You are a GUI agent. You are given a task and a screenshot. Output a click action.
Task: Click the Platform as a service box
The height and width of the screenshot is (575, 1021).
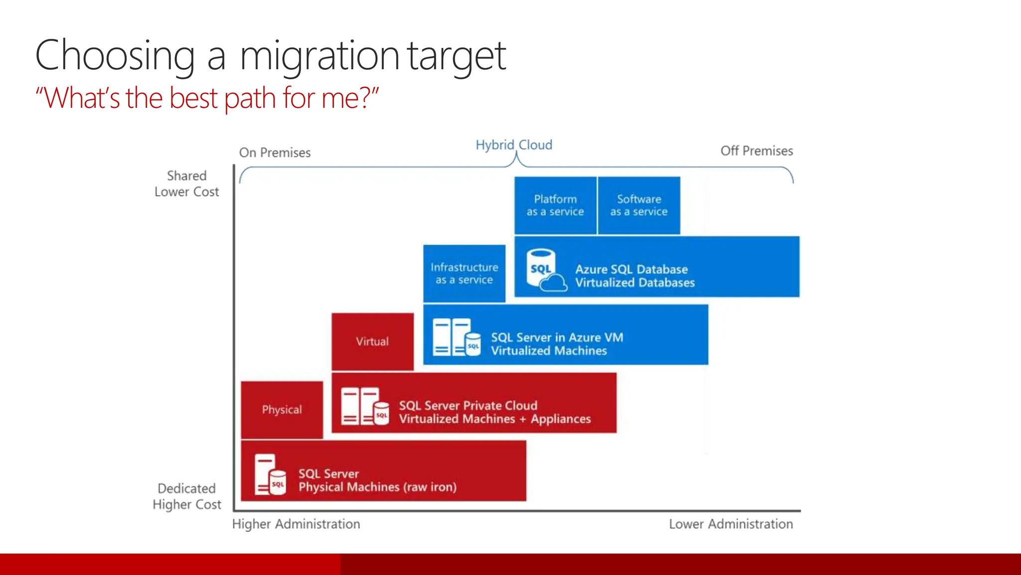tap(555, 205)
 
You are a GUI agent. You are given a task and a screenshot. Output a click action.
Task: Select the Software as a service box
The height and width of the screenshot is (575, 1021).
tap(639, 205)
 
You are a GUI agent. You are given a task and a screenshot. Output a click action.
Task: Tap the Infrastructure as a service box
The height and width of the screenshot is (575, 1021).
tap(464, 274)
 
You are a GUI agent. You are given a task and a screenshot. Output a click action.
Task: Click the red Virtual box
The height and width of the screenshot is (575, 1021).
tap(372, 341)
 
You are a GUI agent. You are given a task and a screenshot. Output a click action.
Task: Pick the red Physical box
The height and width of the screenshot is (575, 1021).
tap(282, 410)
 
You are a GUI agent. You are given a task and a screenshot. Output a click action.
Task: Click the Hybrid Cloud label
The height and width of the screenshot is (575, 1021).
tap(513, 145)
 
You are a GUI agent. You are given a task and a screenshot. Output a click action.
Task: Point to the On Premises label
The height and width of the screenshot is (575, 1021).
tap(275, 152)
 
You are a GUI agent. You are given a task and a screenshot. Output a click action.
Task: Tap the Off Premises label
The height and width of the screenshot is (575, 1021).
tap(756, 151)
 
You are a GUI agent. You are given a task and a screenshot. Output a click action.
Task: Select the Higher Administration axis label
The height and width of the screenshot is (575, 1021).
tap(296, 524)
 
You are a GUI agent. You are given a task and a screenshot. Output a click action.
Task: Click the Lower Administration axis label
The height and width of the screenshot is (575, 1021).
tap(731, 524)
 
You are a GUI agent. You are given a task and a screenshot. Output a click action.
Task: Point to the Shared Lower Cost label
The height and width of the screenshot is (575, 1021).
tap(186, 184)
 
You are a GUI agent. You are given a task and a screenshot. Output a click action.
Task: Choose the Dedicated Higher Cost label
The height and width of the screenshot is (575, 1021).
tap(186, 496)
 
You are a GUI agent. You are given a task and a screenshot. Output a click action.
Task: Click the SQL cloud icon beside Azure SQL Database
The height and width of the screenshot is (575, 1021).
tap(545, 271)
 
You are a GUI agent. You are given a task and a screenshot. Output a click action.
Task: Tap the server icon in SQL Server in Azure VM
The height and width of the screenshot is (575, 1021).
tap(456, 337)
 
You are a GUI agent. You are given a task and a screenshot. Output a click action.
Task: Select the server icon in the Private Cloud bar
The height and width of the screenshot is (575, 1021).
tap(365, 406)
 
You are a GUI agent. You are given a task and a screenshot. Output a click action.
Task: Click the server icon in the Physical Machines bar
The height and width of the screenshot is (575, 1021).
tap(270, 474)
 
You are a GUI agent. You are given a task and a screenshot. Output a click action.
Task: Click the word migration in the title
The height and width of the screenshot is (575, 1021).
tap(319, 56)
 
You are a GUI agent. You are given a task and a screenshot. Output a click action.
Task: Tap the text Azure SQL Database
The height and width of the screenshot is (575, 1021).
tap(631, 270)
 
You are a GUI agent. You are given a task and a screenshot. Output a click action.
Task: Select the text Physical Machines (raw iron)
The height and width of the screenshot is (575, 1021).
tap(377, 487)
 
